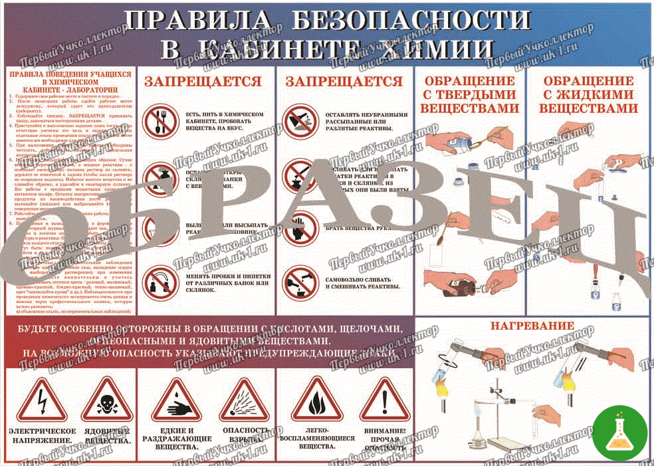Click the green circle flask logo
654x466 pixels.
click(619, 433)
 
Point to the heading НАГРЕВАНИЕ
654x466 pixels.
click(532, 326)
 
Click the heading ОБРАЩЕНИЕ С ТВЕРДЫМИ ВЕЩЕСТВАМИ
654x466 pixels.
click(469, 94)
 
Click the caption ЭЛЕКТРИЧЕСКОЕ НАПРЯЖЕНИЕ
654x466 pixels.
click(42, 436)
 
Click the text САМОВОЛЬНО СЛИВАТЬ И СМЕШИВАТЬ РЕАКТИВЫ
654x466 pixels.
click(363, 283)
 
